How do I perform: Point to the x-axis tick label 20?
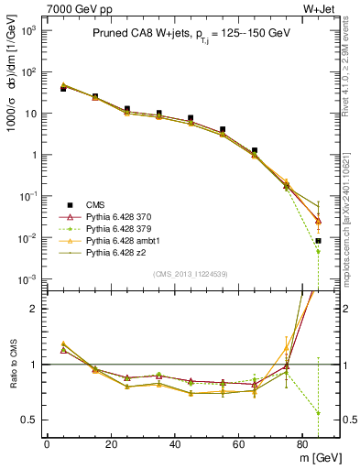point(111,443)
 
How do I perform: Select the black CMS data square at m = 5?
point(63,89)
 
